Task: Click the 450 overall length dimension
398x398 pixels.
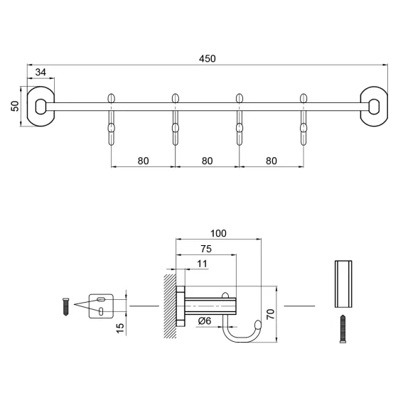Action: pyautogui.click(x=208, y=58)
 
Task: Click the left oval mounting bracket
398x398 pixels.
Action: pyautogui.click(x=41, y=107)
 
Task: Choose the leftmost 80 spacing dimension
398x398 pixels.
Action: pyautogui.click(x=144, y=161)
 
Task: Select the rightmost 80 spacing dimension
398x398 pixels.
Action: pyautogui.click(x=271, y=161)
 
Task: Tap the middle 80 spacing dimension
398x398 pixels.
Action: pyautogui.click(x=207, y=161)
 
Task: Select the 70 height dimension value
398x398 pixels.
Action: pyautogui.click(x=269, y=314)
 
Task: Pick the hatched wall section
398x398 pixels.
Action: pyautogui.click(x=170, y=306)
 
